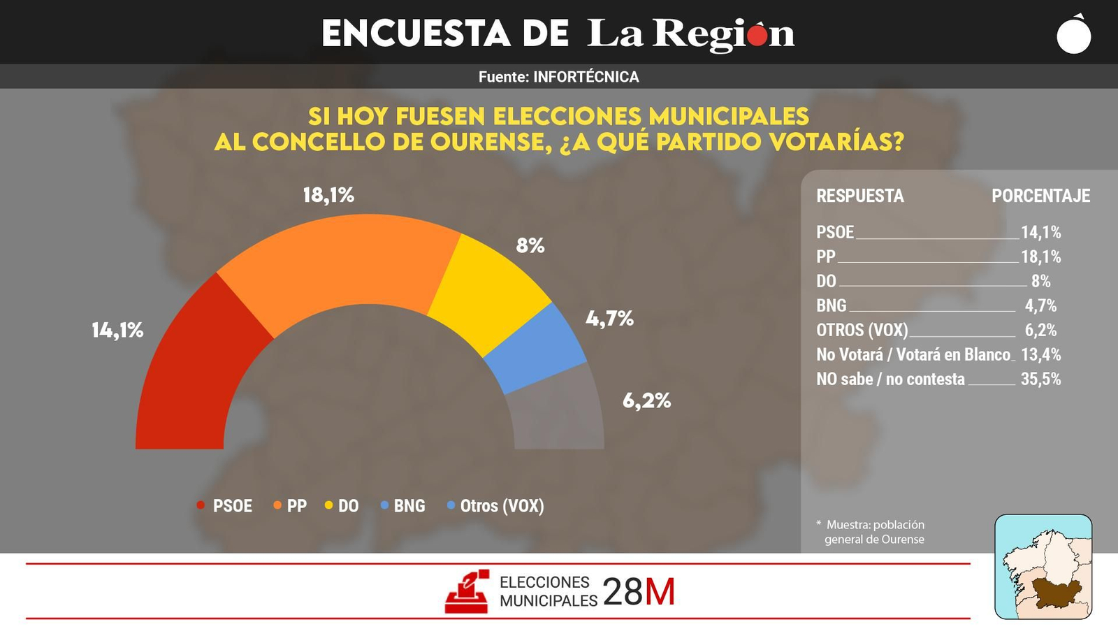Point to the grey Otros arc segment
[559, 412]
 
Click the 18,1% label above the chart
[328, 195]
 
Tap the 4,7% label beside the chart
[609, 319]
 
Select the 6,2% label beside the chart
[646, 400]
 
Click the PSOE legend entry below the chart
[225, 506]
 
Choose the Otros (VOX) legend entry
[495, 506]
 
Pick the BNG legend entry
[403, 506]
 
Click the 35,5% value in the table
[1040, 379]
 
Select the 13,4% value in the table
[1040, 354]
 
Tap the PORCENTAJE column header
[1040, 196]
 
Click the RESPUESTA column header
[859, 196]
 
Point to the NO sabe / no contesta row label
[890, 379]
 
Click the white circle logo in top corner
[1074, 35]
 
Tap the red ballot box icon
[467, 592]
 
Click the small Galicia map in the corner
[1043, 567]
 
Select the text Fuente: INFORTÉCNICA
[558, 77]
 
